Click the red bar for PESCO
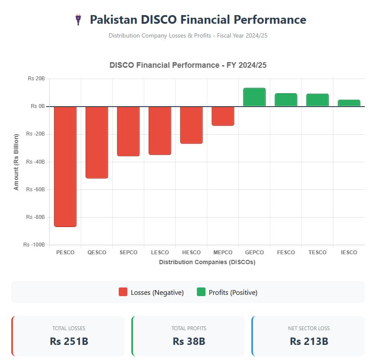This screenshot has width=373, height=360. (x=65, y=166)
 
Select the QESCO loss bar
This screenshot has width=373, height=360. (x=97, y=142)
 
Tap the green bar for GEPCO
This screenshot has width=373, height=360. (x=254, y=97)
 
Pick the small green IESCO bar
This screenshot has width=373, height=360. (x=349, y=103)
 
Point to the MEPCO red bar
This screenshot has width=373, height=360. (x=223, y=116)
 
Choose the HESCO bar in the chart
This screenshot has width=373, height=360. (x=191, y=125)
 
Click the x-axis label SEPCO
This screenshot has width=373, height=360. (x=128, y=253)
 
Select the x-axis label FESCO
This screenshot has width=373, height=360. (x=286, y=253)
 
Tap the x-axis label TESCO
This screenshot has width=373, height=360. (x=317, y=253)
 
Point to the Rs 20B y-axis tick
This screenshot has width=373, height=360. (x=36, y=79)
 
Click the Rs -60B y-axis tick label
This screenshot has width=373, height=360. (x=35, y=189)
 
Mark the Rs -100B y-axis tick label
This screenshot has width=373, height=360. (x=35, y=245)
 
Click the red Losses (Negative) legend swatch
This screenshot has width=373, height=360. (x=123, y=292)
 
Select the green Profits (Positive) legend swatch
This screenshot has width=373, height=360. (x=201, y=292)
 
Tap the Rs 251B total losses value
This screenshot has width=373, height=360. (x=69, y=341)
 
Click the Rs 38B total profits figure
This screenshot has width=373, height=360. (x=189, y=341)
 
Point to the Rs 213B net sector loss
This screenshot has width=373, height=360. (x=309, y=341)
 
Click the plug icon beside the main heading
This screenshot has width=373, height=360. (x=78, y=20)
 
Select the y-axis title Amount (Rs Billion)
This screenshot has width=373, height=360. (x=16, y=162)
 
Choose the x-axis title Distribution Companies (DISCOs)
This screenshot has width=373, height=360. (x=207, y=262)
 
